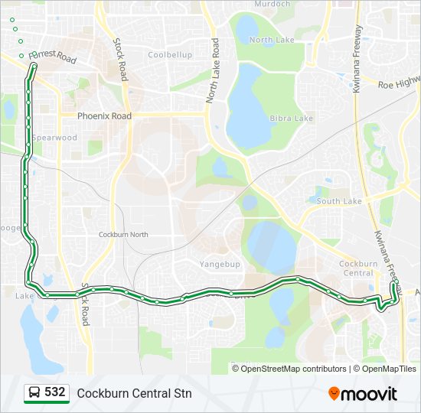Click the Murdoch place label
272,4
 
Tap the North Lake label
272,40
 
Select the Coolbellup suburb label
170,55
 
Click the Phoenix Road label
104,116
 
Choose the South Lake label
339,201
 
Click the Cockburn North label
123,234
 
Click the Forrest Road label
53,57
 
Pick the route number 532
54,392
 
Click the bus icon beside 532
34,393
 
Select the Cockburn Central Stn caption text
134,394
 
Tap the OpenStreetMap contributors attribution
294,369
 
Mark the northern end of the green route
34,67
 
